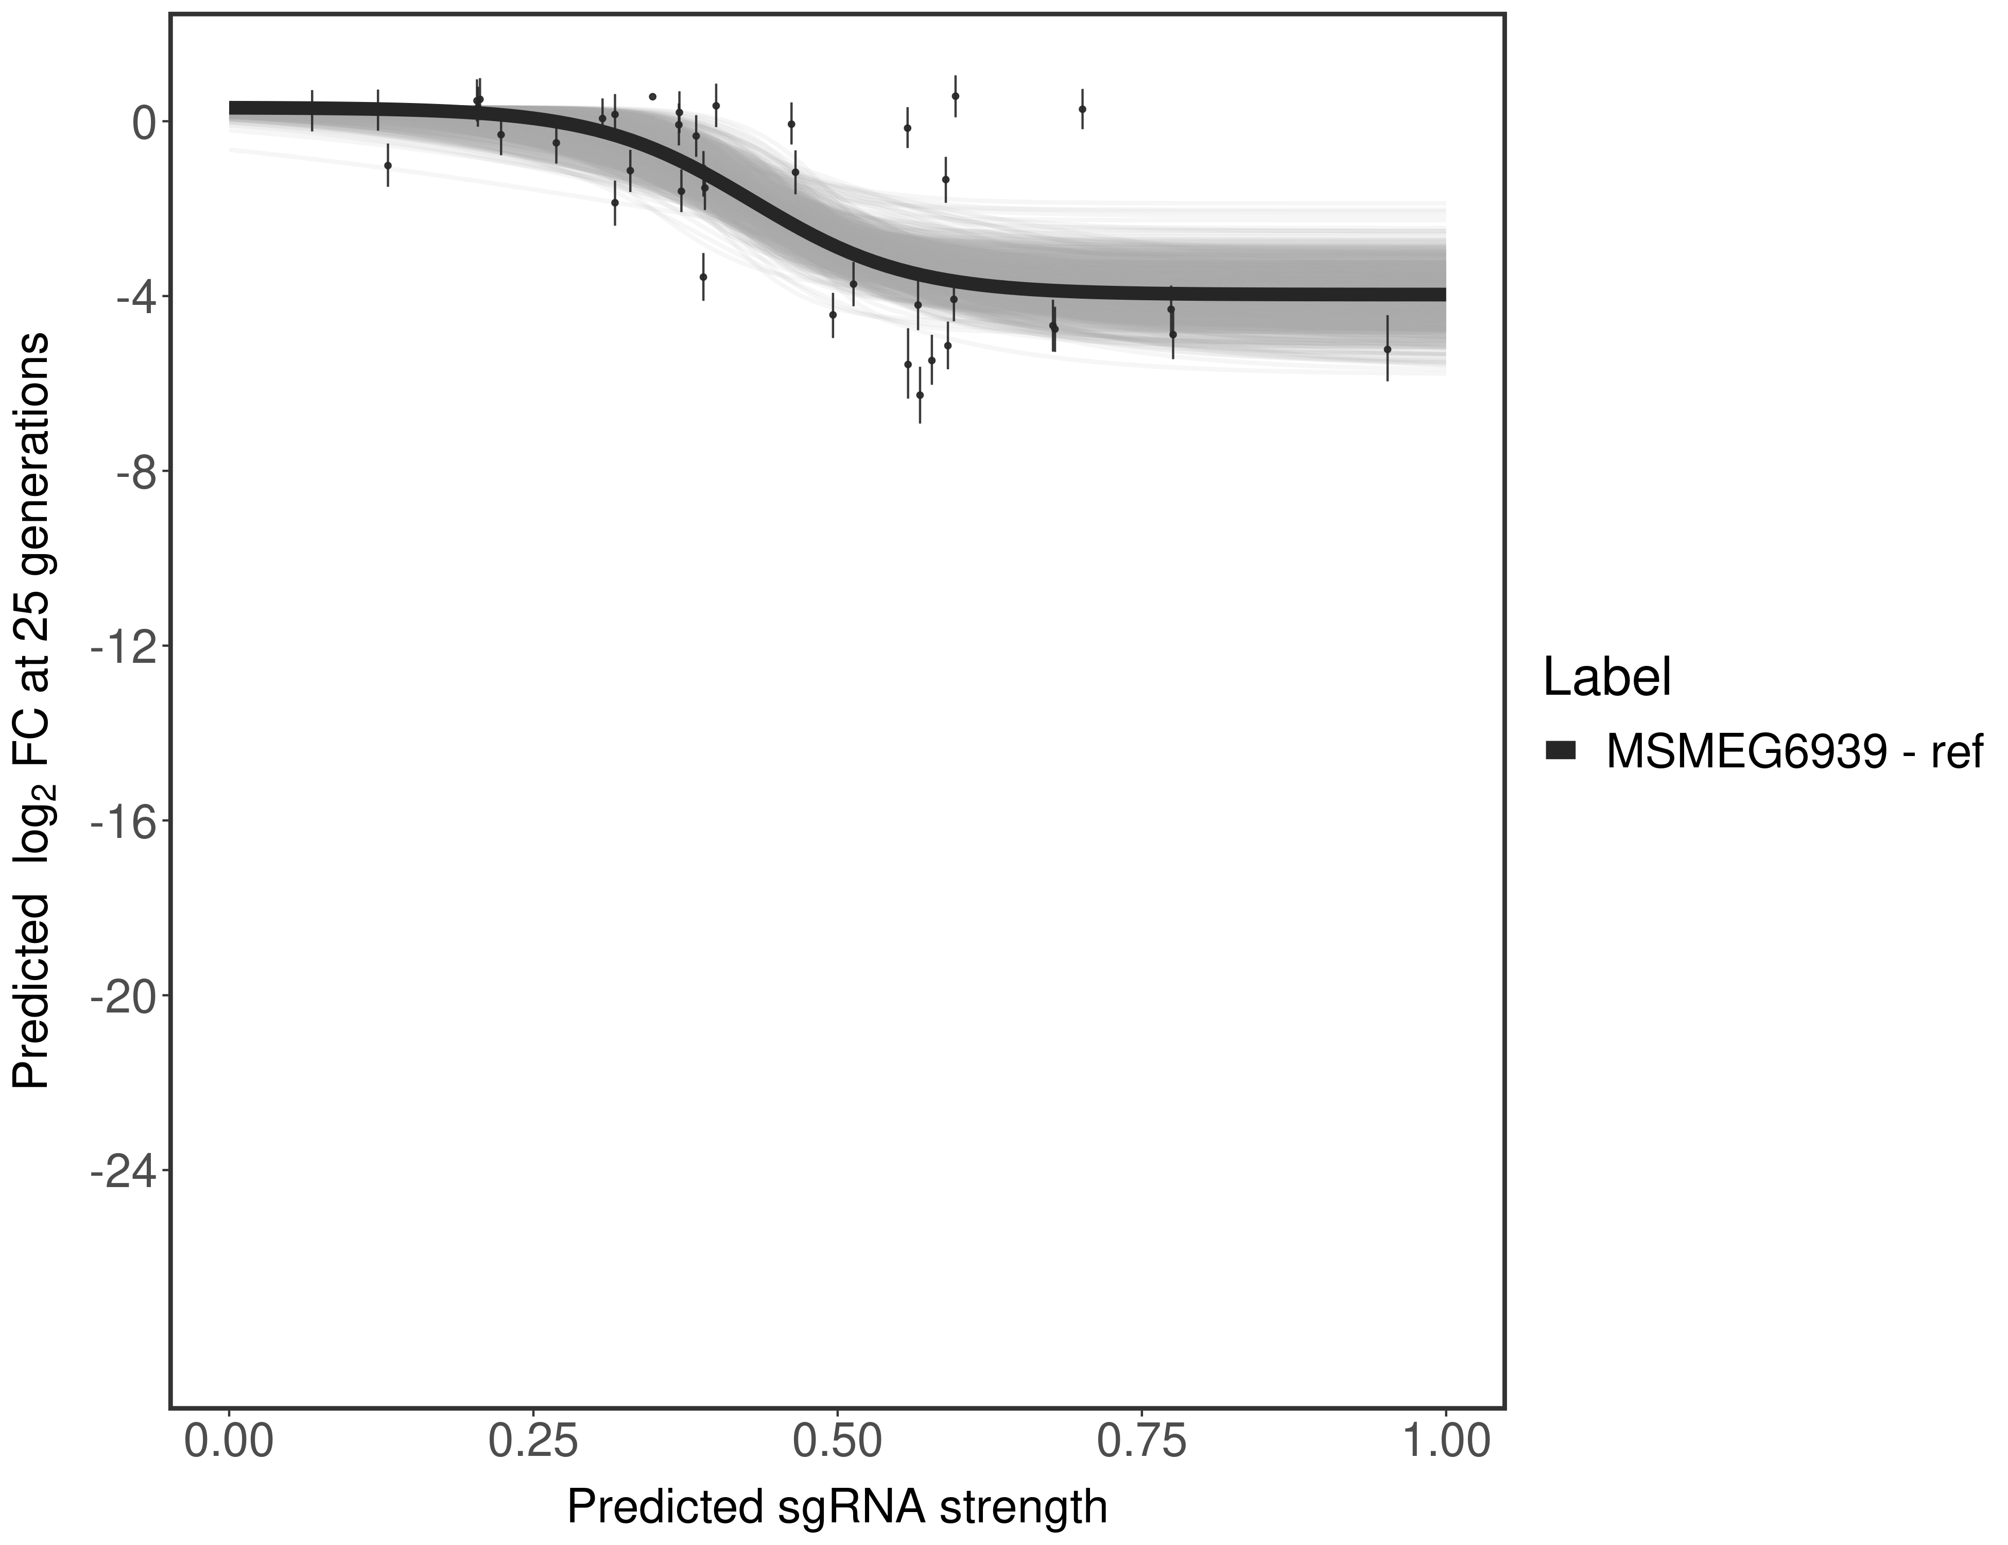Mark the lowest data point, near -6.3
coord(920,394)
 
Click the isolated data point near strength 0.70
coord(1082,109)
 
